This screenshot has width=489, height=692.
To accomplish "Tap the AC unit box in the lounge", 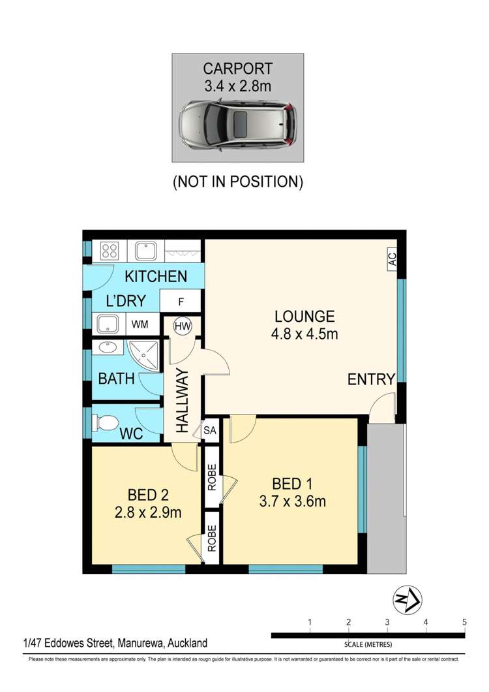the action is [392, 259].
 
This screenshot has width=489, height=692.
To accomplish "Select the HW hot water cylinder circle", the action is [183, 326].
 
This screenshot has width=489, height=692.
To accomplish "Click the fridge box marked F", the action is [181, 302].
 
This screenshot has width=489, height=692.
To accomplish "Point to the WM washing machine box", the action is [140, 324].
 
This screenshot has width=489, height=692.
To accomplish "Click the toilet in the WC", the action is [105, 423].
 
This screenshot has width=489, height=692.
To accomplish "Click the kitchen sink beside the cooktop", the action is [146, 251].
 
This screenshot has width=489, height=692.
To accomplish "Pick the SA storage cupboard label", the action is [210, 430].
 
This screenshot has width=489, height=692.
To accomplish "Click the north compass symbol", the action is [407, 600].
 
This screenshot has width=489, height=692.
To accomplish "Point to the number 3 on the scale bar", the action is [387, 622].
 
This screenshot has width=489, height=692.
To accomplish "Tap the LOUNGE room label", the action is [304, 317].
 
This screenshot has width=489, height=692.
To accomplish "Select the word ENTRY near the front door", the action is [371, 379].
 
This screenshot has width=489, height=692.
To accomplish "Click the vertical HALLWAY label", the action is [183, 401].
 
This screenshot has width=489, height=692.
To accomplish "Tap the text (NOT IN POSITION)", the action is [238, 182].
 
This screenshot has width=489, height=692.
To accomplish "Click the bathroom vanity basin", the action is [108, 347].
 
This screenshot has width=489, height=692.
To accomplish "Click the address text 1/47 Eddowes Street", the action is [69, 643].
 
